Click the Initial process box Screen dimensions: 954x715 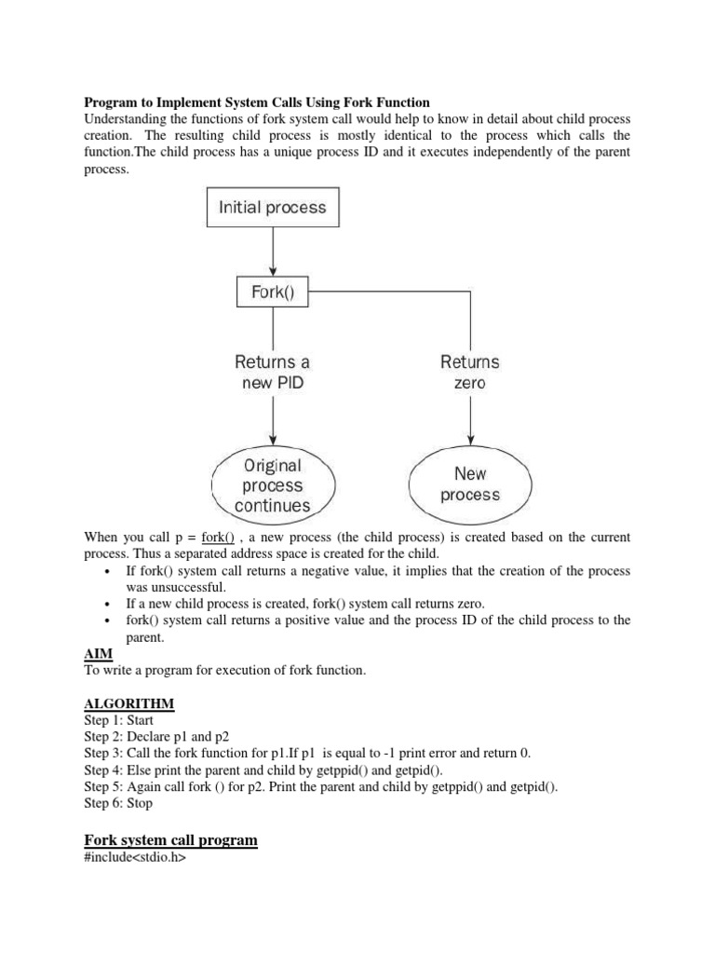click(272, 207)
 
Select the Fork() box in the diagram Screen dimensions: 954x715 click(272, 293)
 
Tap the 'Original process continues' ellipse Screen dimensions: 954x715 click(273, 485)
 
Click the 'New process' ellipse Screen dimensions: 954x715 click(470, 484)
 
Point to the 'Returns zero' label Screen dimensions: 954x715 click(470, 372)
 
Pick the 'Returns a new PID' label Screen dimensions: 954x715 click(272, 372)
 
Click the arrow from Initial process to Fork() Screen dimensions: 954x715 click(272, 250)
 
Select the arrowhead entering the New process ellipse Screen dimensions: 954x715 click(470, 439)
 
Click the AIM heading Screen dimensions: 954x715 click(98, 655)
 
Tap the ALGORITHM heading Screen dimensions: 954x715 click(129, 703)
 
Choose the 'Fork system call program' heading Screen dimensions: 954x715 click(170, 839)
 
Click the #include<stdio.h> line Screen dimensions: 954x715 click(135, 857)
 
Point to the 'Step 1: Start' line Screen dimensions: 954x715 click(119, 720)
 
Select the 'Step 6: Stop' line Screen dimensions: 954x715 click(118, 802)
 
